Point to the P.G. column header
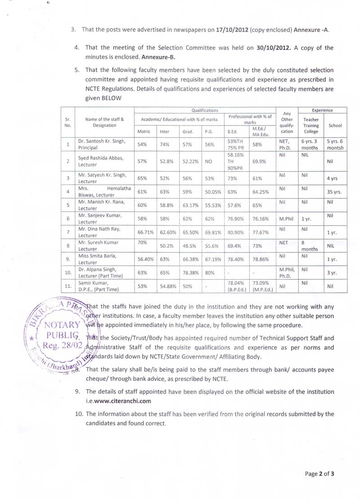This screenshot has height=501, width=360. [209, 131]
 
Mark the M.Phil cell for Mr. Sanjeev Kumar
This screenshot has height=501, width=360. [286, 219]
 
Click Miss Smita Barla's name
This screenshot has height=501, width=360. [97, 256]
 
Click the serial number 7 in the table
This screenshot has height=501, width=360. [67, 232]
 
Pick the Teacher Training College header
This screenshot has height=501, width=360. [310, 125]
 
